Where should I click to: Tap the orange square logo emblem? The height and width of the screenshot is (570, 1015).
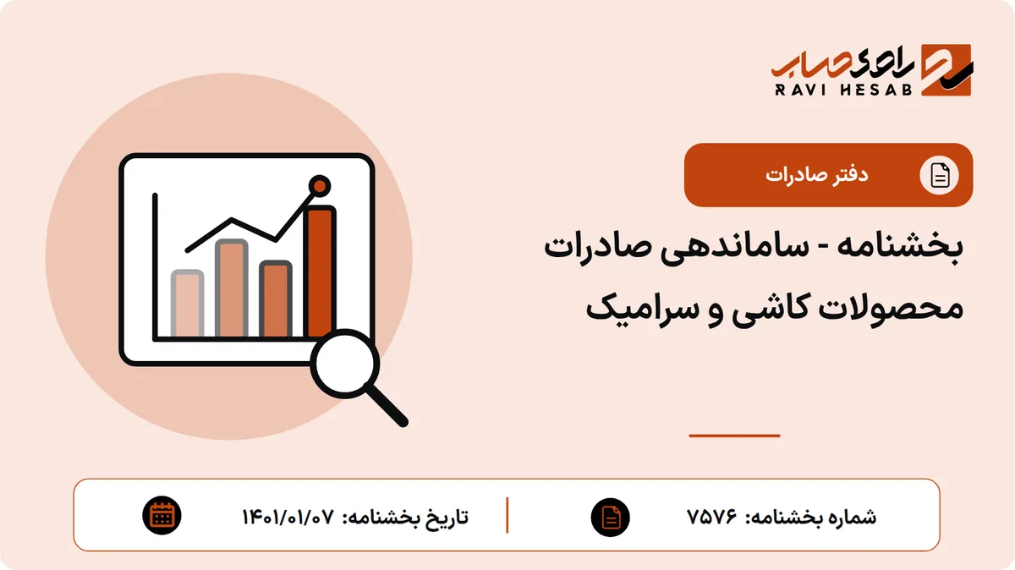(947, 70)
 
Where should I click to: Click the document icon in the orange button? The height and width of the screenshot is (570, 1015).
(940, 175)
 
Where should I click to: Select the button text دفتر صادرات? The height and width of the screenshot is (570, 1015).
(817, 175)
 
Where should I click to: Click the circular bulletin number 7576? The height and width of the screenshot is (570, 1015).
(712, 517)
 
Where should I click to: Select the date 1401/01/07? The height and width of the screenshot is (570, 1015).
(288, 517)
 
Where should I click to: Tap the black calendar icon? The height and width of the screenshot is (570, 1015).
(162, 516)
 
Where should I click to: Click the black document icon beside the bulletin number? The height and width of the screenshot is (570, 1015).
(611, 518)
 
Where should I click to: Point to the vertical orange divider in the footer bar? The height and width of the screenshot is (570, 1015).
(507, 516)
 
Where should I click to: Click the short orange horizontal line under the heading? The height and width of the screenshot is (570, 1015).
(734, 436)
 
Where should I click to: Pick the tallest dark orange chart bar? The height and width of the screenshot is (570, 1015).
(320, 271)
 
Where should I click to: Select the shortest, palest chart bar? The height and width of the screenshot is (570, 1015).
(187, 304)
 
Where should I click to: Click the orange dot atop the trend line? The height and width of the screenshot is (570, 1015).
(320, 186)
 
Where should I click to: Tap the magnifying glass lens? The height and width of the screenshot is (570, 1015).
(345, 364)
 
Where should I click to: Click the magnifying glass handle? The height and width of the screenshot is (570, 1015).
(387, 404)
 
